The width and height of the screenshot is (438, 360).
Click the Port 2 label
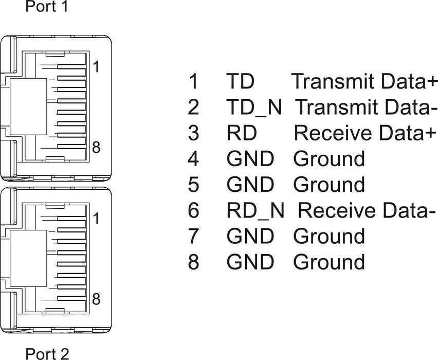pyautogui.click(x=47, y=354)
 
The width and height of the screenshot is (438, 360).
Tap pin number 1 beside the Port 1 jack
pyautogui.click(x=96, y=67)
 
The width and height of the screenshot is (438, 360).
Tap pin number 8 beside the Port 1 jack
pyautogui.click(x=96, y=147)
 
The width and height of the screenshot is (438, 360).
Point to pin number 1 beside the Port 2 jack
pyautogui.click(x=96, y=218)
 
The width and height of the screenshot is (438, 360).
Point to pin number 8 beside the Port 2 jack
pyautogui.click(x=96, y=299)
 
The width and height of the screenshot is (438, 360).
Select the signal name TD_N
pyautogui.click(x=254, y=107)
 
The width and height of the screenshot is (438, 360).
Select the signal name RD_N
pyautogui.click(x=255, y=210)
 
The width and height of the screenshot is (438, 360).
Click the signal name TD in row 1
pyautogui.click(x=240, y=81)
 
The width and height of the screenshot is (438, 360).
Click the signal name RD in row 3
pyautogui.click(x=242, y=133)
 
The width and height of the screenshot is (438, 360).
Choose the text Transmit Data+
pyautogui.click(x=364, y=81)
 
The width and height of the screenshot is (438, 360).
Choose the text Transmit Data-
pyautogui.click(x=366, y=107)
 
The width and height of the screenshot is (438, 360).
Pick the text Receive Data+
pyautogui.click(x=365, y=133)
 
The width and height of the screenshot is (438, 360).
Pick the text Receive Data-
pyautogui.click(x=367, y=210)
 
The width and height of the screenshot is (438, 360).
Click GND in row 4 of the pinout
pyautogui.click(x=250, y=159)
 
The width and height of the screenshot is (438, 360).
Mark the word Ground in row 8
pyautogui.click(x=329, y=262)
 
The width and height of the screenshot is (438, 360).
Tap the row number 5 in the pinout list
pyautogui.click(x=193, y=185)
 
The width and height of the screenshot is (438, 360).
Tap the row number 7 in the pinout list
pyautogui.click(x=193, y=236)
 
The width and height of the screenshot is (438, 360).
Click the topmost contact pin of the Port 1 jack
pyautogui.click(x=71, y=67)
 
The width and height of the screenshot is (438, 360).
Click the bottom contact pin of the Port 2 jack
pyautogui.click(x=71, y=298)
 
